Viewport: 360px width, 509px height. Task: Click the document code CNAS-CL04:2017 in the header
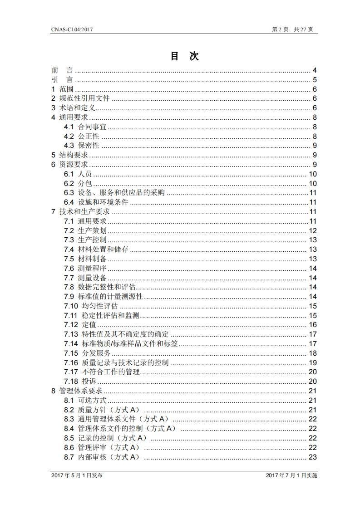[x=72, y=29]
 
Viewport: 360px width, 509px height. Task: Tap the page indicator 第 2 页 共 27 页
[x=292, y=29]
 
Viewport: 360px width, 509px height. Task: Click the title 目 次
[x=184, y=56]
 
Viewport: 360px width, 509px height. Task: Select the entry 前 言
[x=62, y=70]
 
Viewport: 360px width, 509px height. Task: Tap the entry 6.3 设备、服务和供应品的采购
[x=114, y=193]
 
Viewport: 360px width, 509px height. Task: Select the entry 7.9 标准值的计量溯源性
[x=104, y=297]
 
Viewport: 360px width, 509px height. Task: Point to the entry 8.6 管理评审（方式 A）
[x=102, y=447]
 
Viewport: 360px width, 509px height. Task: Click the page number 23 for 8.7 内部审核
[x=312, y=457]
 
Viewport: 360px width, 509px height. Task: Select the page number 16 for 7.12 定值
[x=312, y=325]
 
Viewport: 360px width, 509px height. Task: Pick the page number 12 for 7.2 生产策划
[x=312, y=231]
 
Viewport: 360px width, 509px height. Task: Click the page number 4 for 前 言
[x=314, y=70]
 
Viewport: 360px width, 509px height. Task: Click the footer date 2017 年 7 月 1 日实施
[x=291, y=475]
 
